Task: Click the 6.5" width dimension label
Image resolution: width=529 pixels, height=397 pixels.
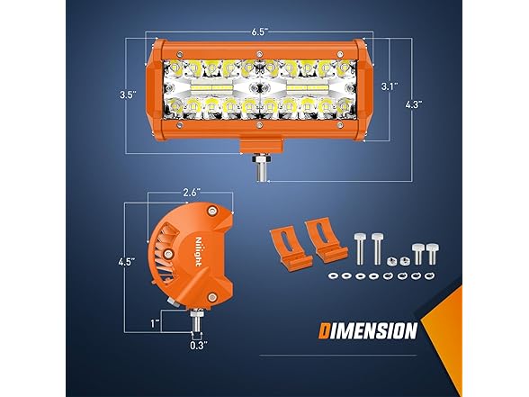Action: pyautogui.click(x=259, y=32)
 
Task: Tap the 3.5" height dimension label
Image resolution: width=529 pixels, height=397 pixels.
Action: pyautogui.click(x=128, y=95)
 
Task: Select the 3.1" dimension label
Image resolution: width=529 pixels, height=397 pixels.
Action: pyautogui.click(x=390, y=86)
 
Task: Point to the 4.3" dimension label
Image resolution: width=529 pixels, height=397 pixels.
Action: pyautogui.click(x=414, y=104)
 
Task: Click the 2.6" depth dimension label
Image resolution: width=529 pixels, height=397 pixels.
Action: pyautogui.click(x=192, y=193)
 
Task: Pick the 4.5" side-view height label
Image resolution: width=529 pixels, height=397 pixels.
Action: pyautogui.click(x=127, y=262)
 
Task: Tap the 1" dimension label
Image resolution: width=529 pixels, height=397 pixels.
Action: pyautogui.click(x=155, y=324)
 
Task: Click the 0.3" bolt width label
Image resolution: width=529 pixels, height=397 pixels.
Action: pyautogui.click(x=198, y=346)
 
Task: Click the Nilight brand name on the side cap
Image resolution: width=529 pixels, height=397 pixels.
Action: pyautogui.click(x=198, y=252)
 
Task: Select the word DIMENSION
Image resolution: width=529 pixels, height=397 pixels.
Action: pyautogui.click(x=368, y=331)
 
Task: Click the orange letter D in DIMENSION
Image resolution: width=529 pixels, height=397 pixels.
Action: pyautogui.click(x=325, y=331)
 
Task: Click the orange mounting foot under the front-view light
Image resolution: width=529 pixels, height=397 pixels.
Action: pyautogui.click(x=261, y=146)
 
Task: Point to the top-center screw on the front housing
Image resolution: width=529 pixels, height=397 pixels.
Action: pyautogui.click(x=259, y=54)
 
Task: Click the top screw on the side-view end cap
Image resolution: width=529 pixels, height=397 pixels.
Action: pyautogui.click(x=212, y=211)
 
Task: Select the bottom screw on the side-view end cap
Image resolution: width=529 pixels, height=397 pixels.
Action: pyautogui.click(x=212, y=297)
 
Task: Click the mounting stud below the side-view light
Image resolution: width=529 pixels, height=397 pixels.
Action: pyautogui.click(x=197, y=321)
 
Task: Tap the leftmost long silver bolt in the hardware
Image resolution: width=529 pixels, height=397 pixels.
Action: pyautogui.click(x=359, y=248)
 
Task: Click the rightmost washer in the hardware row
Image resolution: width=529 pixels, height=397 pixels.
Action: pyautogui.click(x=429, y=275)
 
